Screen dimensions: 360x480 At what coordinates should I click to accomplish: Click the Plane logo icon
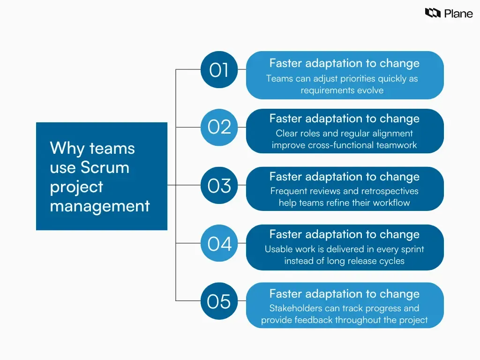pos(432,13)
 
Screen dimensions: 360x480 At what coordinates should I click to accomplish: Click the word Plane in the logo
pos(458,14)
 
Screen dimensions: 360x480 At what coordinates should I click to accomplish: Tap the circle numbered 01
pos(219,70)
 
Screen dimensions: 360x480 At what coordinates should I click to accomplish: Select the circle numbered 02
pos(219,127)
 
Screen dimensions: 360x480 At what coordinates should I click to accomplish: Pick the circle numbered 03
pos(219,186)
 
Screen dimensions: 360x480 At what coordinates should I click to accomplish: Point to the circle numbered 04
pos(219,244)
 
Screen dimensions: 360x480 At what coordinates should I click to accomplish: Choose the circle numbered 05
pos(219,301)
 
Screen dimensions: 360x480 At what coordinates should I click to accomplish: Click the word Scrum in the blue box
pos(105,167)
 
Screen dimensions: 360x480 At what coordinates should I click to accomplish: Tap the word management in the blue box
pos(100,206)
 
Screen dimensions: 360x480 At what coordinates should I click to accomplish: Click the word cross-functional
pos(341,145)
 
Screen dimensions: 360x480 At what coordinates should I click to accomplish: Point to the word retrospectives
pos(386,191)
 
